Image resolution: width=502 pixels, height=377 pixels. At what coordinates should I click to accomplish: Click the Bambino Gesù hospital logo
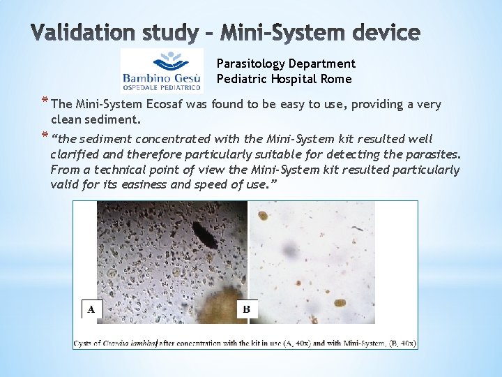click(x=162, y=70)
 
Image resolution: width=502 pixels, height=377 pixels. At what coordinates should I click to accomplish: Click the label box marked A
click(x=91, y=309)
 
